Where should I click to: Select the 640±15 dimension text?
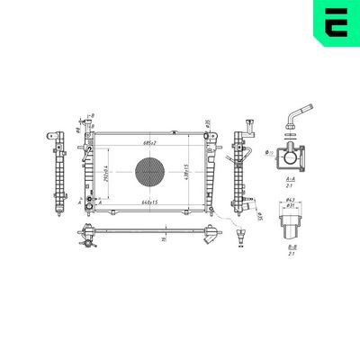pyautogui.click(x=151, y=202)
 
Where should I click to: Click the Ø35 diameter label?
pyautogui.click(x=207, y=123)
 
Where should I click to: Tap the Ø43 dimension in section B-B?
pyautogui.click(x=291, y=199)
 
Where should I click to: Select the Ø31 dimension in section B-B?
pyautogui.click(x=291, y=207)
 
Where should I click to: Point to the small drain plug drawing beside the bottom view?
pyautogui.click(x=240, y=238)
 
